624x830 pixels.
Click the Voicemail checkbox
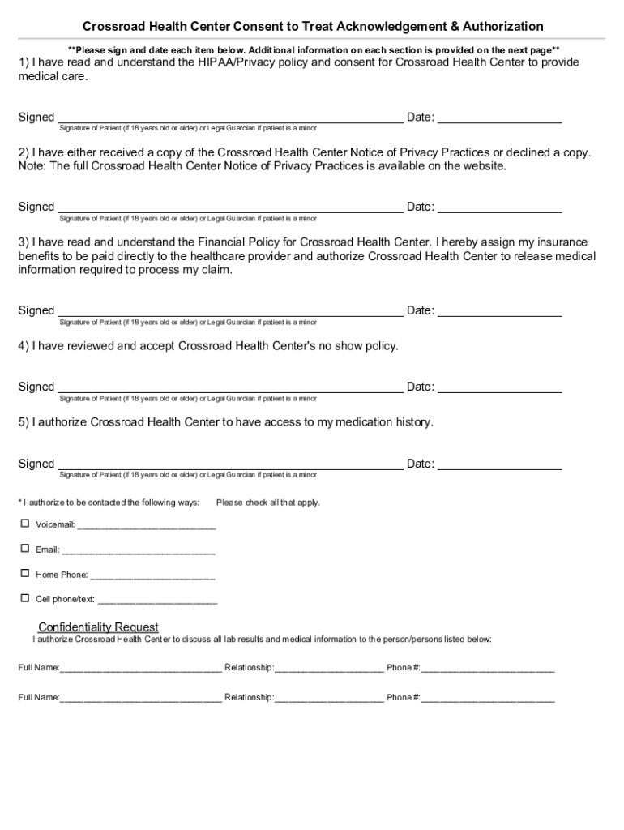coord(24,524)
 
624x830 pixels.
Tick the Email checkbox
coord(24,549)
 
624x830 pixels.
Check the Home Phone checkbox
coord(24,573)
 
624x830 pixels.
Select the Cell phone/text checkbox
coord(24,598)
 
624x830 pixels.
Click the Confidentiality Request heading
coord(98,627)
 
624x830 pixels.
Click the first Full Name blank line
coord(140,670)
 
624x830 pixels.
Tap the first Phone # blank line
coord(488,670)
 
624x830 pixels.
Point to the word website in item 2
coord(482,166)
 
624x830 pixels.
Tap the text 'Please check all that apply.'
coord(268,503)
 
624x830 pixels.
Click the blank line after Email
coord(139,551)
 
